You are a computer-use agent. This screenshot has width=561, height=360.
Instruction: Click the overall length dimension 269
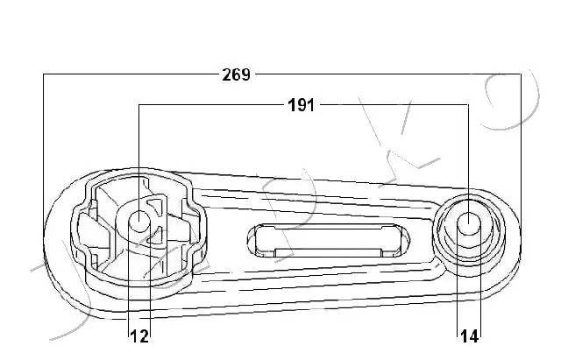pyautogui.click(x=236, y=74)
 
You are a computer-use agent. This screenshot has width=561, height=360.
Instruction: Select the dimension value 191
pyautogui.click(x=302, y=105)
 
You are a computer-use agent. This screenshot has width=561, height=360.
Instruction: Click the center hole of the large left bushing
pyautogui.click(x=138, y=222)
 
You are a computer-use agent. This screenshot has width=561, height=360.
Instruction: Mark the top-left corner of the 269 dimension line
pyautogui.click(x=44, y=75)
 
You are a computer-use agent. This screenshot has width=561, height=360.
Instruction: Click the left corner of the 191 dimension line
pyautogui.click(x=139, y=106)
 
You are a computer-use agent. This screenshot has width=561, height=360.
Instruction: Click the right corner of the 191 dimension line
pyautogui.click(x=468, y=106)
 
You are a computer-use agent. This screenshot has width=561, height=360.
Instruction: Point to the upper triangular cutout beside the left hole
pyautogui.click(x=155, y=208)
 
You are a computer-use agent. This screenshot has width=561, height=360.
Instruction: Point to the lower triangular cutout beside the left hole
pyautogui.click(x=155, y=235)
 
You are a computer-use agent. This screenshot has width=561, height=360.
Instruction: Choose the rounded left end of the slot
pyautogui.click(x=253, y=238)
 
